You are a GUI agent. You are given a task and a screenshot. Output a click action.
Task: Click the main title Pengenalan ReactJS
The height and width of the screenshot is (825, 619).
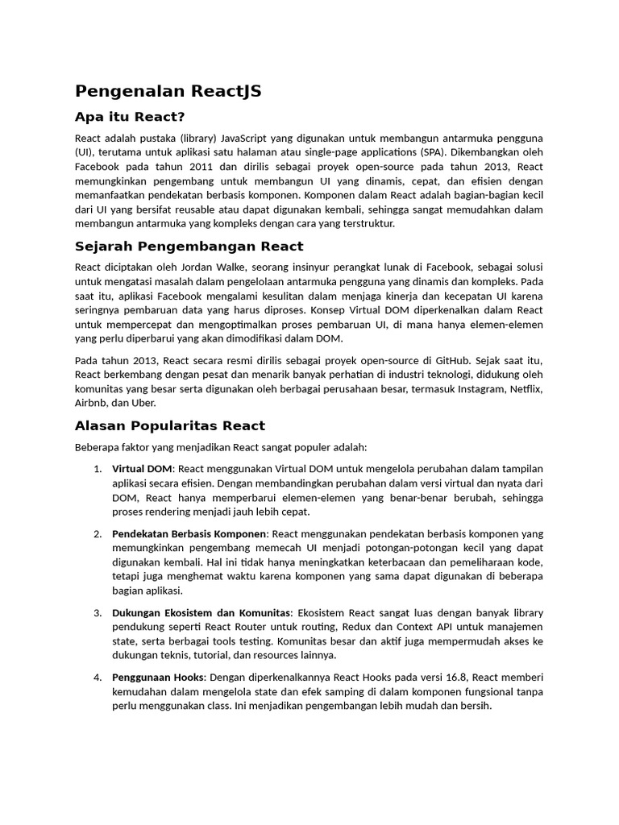(x=168, y=91)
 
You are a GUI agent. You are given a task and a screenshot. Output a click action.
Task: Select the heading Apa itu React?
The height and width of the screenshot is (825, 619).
(x=130, y=118)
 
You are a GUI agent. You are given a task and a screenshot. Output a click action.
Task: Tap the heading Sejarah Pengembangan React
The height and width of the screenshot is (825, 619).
(x=189, y=246)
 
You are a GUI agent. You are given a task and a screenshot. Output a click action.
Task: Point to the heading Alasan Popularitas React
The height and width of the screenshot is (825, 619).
(x=169, y=425)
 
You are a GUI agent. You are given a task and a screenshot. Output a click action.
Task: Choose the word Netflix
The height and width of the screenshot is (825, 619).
(x=526, y=388)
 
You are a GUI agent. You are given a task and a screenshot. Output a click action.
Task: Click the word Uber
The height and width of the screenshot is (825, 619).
(x=145, y=403)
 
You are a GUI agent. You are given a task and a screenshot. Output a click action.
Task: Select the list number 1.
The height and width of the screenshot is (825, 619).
(x=97, y=469)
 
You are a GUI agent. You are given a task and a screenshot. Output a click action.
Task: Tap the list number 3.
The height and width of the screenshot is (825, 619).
(x=97, y=612)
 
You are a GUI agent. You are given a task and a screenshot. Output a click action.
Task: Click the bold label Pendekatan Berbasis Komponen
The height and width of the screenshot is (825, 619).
(x=189, y=533)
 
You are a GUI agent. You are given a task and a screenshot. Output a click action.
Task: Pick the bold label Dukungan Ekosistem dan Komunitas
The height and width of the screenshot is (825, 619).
(x=202, y=612)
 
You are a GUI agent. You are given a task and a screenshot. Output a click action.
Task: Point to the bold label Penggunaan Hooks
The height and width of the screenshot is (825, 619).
(x=158, y=677)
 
